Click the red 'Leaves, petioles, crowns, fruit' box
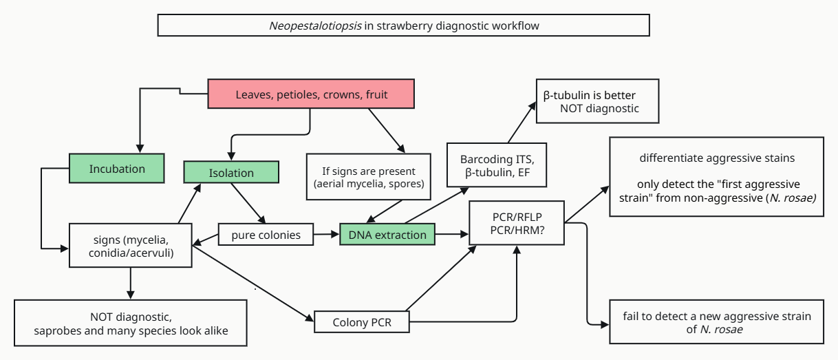point(311,94)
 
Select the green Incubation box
point(117,169)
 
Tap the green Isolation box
point(231,173)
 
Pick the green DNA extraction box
point(387,235)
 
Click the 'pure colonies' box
point(266,235)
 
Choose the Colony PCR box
point(361,321)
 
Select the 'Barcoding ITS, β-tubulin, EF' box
point(497,165)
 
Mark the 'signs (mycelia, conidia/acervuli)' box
point(130,246)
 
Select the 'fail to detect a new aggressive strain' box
point(717,322)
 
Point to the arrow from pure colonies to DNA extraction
point(326,235)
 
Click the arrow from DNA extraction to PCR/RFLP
point(452,235)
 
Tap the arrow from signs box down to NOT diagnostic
point(130,283)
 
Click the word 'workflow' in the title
point(515,25)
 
